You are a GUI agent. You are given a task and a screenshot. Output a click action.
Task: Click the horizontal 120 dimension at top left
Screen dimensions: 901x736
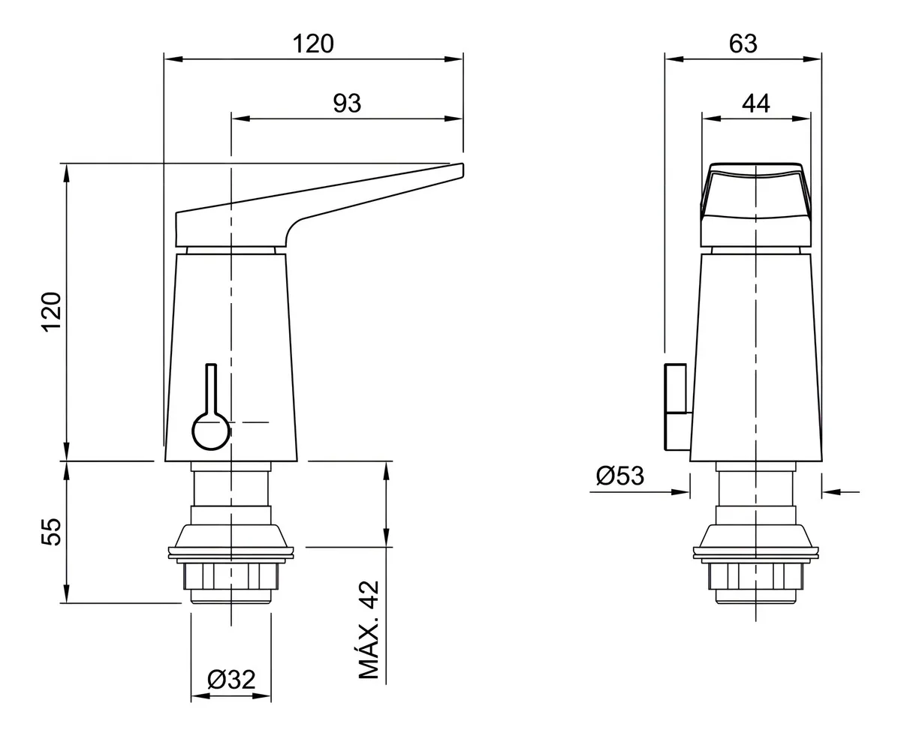click(313, 44)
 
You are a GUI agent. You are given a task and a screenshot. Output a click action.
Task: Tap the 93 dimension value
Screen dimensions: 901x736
click(347, 104)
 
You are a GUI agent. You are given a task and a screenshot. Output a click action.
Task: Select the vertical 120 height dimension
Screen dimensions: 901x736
click(52, 312)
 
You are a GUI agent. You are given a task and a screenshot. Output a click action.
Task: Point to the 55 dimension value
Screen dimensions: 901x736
click(52, 531)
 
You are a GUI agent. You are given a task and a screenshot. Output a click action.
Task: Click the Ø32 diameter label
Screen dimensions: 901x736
click(231, 680)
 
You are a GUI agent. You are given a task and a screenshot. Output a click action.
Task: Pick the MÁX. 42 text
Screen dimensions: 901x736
click(369, 629)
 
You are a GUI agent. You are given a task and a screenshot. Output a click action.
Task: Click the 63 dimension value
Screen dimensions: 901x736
click(743, 44)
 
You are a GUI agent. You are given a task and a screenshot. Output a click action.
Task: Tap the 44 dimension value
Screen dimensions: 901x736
click(756, 104)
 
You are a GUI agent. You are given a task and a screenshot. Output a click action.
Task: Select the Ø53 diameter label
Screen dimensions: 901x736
click(620, 476)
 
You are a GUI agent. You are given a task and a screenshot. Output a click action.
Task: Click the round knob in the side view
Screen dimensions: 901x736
click(211, 431)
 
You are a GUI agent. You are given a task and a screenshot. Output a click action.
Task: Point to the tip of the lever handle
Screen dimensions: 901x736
click(463, 169)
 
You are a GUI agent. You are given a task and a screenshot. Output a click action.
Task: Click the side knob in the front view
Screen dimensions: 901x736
click(676, 407)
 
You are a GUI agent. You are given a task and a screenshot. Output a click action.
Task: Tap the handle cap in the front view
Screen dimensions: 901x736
click(756, 205)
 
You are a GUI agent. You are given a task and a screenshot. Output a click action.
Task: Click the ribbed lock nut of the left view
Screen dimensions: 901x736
click(231, 576)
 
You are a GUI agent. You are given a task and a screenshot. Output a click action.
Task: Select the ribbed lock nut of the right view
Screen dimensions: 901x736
click(756, 576)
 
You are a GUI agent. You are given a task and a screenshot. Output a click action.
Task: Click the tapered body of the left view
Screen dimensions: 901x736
click(231, 358)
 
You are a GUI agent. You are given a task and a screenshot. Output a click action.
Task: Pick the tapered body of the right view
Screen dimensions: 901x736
click(756, 358)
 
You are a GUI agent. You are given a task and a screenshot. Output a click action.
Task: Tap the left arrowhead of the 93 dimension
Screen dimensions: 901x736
click(240, 119)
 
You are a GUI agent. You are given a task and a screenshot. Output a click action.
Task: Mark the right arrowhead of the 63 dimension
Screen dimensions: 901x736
click(812, 59)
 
